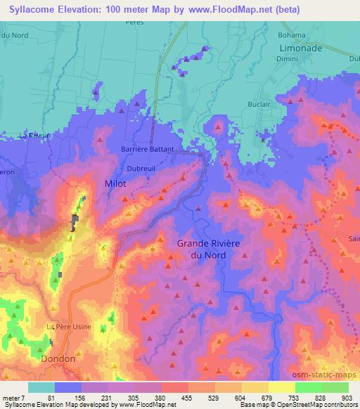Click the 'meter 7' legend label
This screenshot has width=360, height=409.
click(x=14, y=398)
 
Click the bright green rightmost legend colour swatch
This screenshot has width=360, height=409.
click(x=335, y=387)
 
